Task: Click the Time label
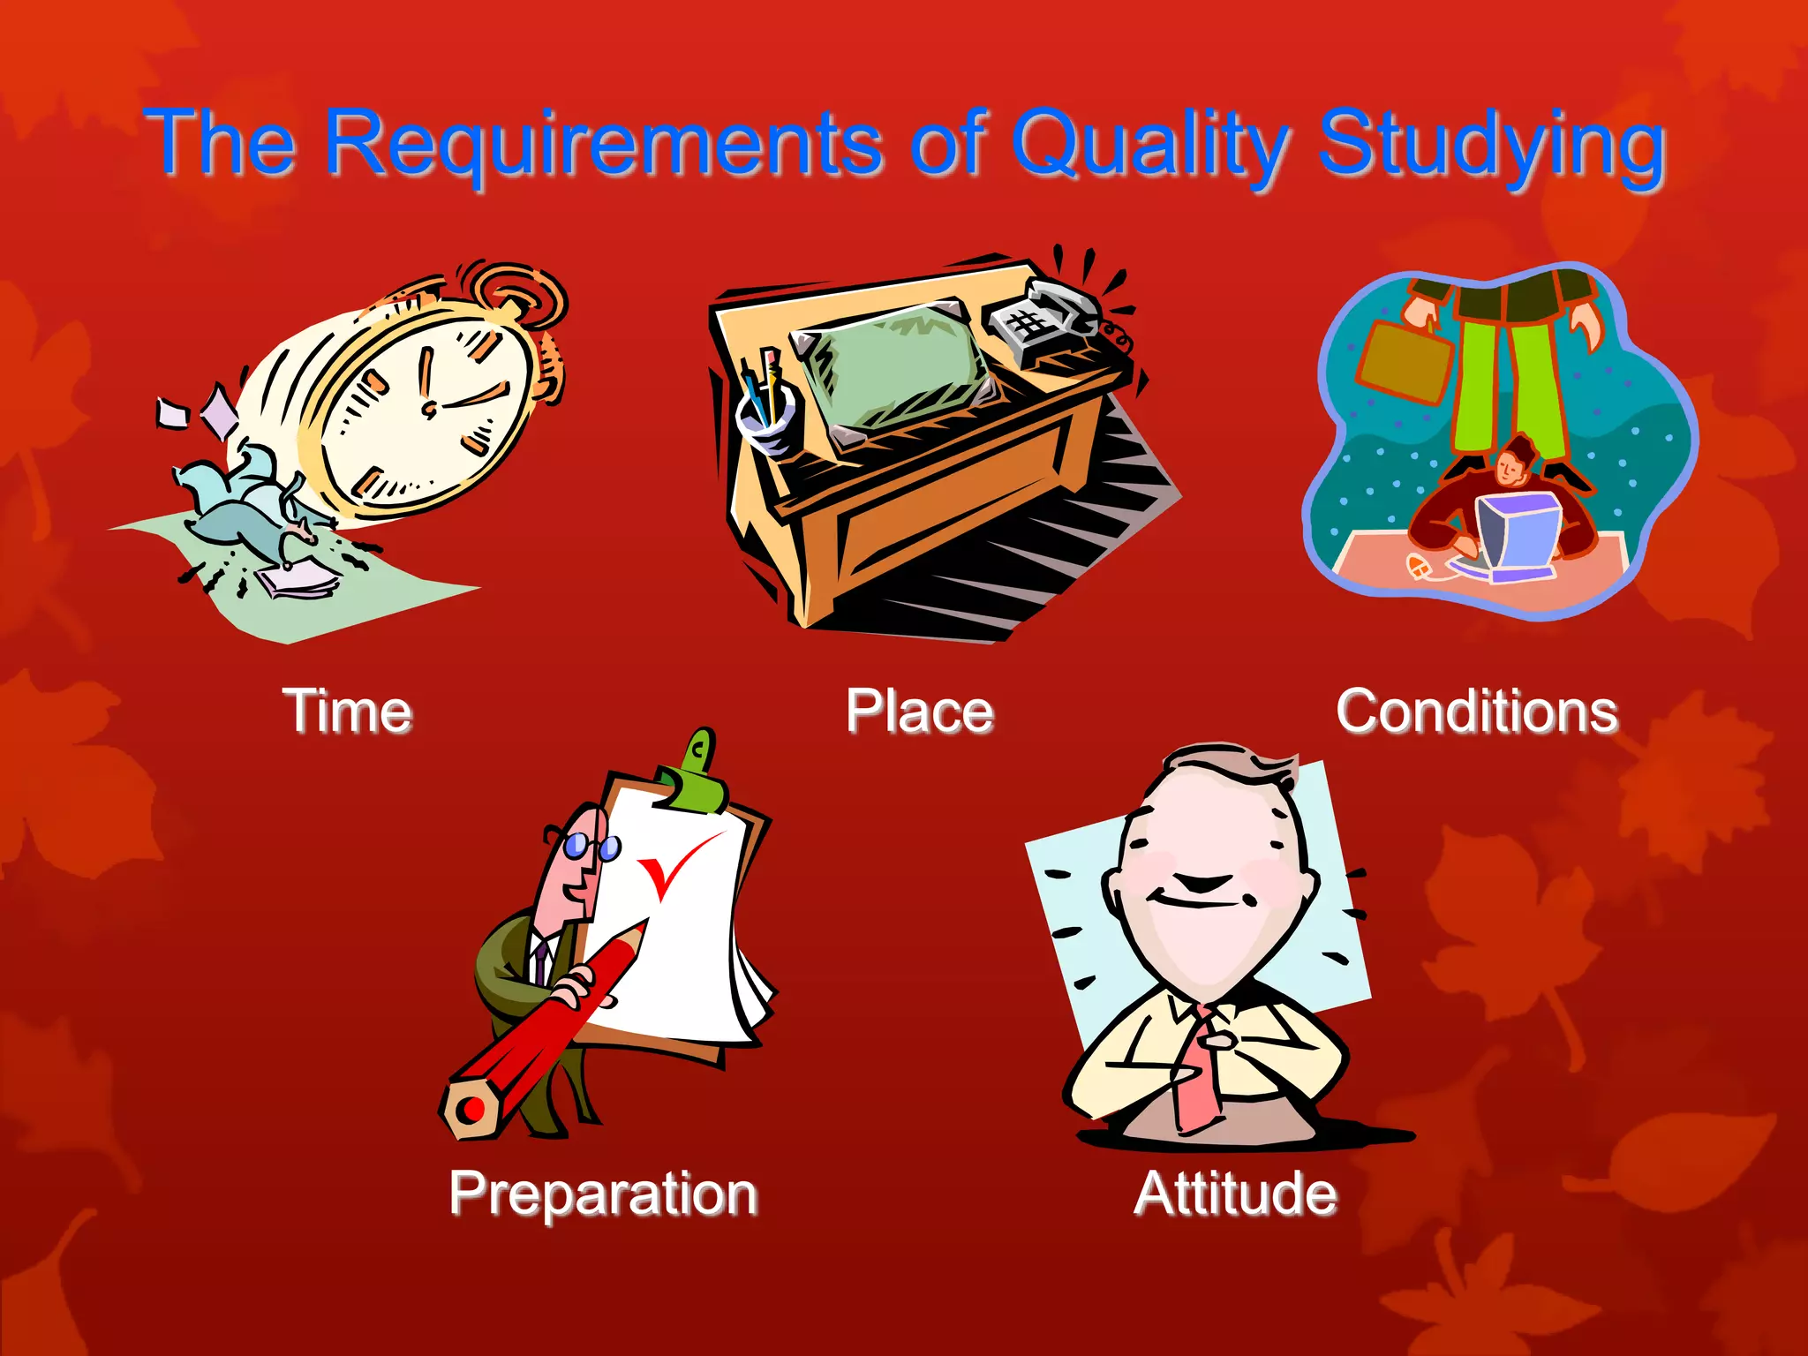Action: (x=348, y=712)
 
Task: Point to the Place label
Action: (x=920, y=712)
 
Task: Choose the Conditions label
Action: (x=1477, y=712)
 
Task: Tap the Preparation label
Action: (x=604, y=1194)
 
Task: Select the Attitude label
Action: (x=1235, y=1194)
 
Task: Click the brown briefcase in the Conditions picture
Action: (x=1404, y=362)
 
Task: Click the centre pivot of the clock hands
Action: (x=430, y=409)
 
